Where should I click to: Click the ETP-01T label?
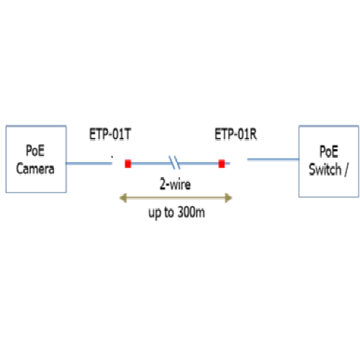110,134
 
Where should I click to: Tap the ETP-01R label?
235,134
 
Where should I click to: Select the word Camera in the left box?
35,168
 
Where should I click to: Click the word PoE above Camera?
35,150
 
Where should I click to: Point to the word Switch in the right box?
325,169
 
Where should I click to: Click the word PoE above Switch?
329,151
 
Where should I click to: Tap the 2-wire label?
175,184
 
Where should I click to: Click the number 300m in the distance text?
191,212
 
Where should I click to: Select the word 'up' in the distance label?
155,213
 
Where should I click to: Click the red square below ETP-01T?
128,163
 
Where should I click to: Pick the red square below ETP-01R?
222,163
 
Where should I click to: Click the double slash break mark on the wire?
174,163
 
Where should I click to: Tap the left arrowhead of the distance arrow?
123,198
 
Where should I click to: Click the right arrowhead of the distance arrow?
228,198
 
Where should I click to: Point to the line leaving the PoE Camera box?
89,163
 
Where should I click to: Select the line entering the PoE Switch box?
273,159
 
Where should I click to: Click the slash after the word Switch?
346,170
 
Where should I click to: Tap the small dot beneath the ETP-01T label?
112,157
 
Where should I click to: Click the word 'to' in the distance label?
169,212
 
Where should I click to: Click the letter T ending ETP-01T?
127,134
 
